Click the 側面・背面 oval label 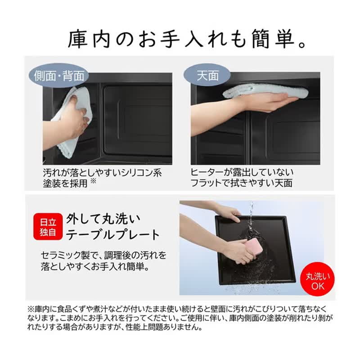coord(59,76)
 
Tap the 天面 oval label coord(207,75)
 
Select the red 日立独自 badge coord(48,227)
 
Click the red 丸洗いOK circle coord(318,279)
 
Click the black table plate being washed coord(255,250)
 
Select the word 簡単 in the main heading coord(273,39)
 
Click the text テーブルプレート coord(112,234)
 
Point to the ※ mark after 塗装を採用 coord(93,181)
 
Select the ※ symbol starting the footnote coord(31,309)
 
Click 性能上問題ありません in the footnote coord(164,327)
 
